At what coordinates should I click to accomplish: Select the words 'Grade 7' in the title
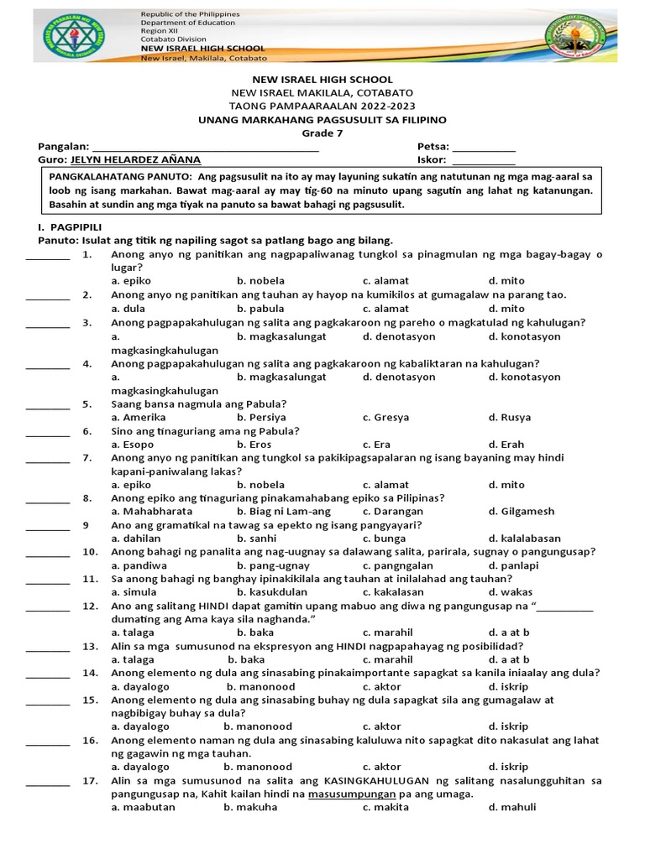pos(322,133)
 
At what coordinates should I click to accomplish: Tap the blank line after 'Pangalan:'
pos(205,148)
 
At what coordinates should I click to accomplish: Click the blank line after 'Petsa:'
pos(484,148)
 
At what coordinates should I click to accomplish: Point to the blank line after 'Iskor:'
pos(484,161)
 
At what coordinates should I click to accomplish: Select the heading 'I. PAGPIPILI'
pos(60,227)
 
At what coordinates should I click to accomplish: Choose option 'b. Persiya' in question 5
pos(261,418)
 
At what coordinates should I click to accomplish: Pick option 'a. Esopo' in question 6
pos(133,445)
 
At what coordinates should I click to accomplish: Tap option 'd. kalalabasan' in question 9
pos(524,539)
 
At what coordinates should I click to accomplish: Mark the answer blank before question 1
pos(48,256)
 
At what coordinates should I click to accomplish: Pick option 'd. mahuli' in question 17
pos(511,808)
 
